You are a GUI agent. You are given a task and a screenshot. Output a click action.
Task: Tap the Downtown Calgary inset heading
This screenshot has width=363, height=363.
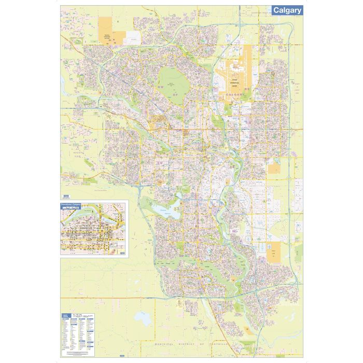coord(72,204)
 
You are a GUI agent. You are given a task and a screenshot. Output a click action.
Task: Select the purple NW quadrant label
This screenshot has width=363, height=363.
coord(160,89)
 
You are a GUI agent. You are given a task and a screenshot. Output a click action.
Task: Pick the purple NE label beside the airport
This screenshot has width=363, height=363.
coord(247,89)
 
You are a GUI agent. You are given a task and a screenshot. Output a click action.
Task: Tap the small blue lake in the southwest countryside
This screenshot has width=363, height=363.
coord(141,316)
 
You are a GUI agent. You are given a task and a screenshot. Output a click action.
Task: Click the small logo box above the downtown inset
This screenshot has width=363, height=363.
coord(65,196)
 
